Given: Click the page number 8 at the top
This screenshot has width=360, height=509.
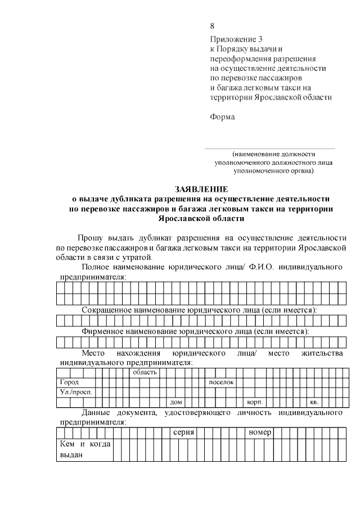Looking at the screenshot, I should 212,26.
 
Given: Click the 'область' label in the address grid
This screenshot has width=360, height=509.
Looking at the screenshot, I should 145,372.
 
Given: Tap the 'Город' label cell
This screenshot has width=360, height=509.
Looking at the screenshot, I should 70,382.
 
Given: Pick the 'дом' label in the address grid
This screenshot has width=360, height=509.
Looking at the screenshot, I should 176,402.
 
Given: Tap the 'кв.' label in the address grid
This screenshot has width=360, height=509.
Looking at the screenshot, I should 314,402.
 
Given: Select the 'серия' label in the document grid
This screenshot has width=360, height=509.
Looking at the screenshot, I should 183,433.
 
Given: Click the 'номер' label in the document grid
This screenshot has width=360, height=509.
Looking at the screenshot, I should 260,433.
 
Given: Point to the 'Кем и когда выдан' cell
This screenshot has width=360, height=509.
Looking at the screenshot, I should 84,449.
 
